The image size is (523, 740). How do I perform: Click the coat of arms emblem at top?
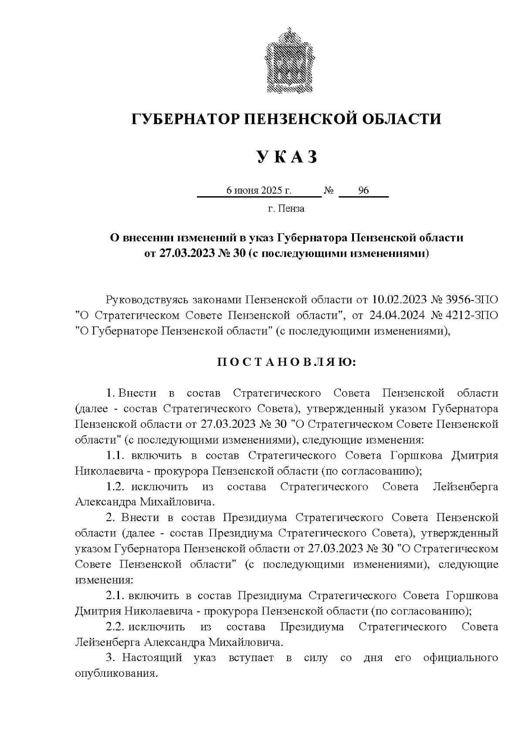point(287,61)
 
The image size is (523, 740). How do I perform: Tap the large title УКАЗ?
point(287,157)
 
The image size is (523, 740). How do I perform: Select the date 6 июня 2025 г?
point(258,191)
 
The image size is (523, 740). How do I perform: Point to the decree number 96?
point(363,191)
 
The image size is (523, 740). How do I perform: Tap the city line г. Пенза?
point(286,209)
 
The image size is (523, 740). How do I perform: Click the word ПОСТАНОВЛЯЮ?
point(286,363)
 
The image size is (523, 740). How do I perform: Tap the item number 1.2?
point(116,487)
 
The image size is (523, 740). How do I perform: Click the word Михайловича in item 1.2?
point(176,502)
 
